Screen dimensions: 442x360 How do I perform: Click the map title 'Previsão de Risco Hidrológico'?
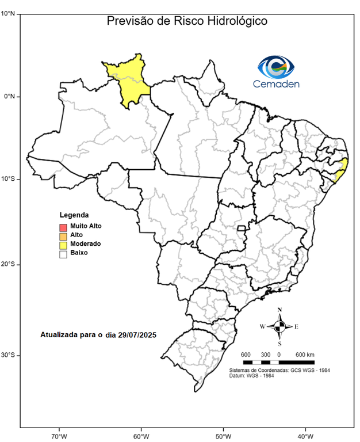point(187,22)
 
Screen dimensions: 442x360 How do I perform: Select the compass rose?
point(279,326)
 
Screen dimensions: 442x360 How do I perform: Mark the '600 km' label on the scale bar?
point(305,353)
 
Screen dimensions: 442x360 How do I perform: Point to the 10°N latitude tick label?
point(8,12)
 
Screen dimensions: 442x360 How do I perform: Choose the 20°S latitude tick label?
point(8,265)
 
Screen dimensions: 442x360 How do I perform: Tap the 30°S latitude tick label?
point(8,355)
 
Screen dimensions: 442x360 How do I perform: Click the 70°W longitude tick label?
point(59,435)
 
